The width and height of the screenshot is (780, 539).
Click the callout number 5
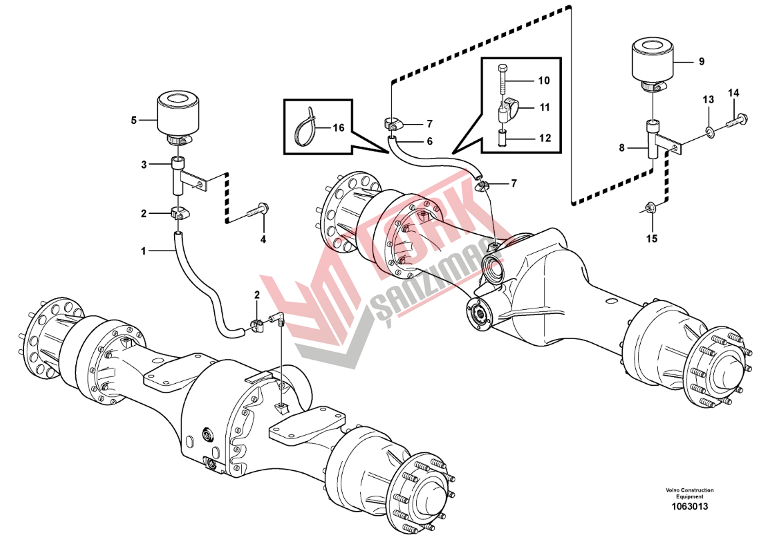[133, 121]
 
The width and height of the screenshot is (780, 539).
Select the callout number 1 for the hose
[144, 252]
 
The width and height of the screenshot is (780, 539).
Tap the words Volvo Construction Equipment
[689, 493]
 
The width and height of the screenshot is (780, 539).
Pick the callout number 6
[429, 141]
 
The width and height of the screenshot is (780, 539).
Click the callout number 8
[621, 148]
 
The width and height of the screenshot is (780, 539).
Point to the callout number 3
[144, 165]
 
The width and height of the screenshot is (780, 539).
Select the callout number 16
[338, 129]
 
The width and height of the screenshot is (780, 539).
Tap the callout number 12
[545, 138]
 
